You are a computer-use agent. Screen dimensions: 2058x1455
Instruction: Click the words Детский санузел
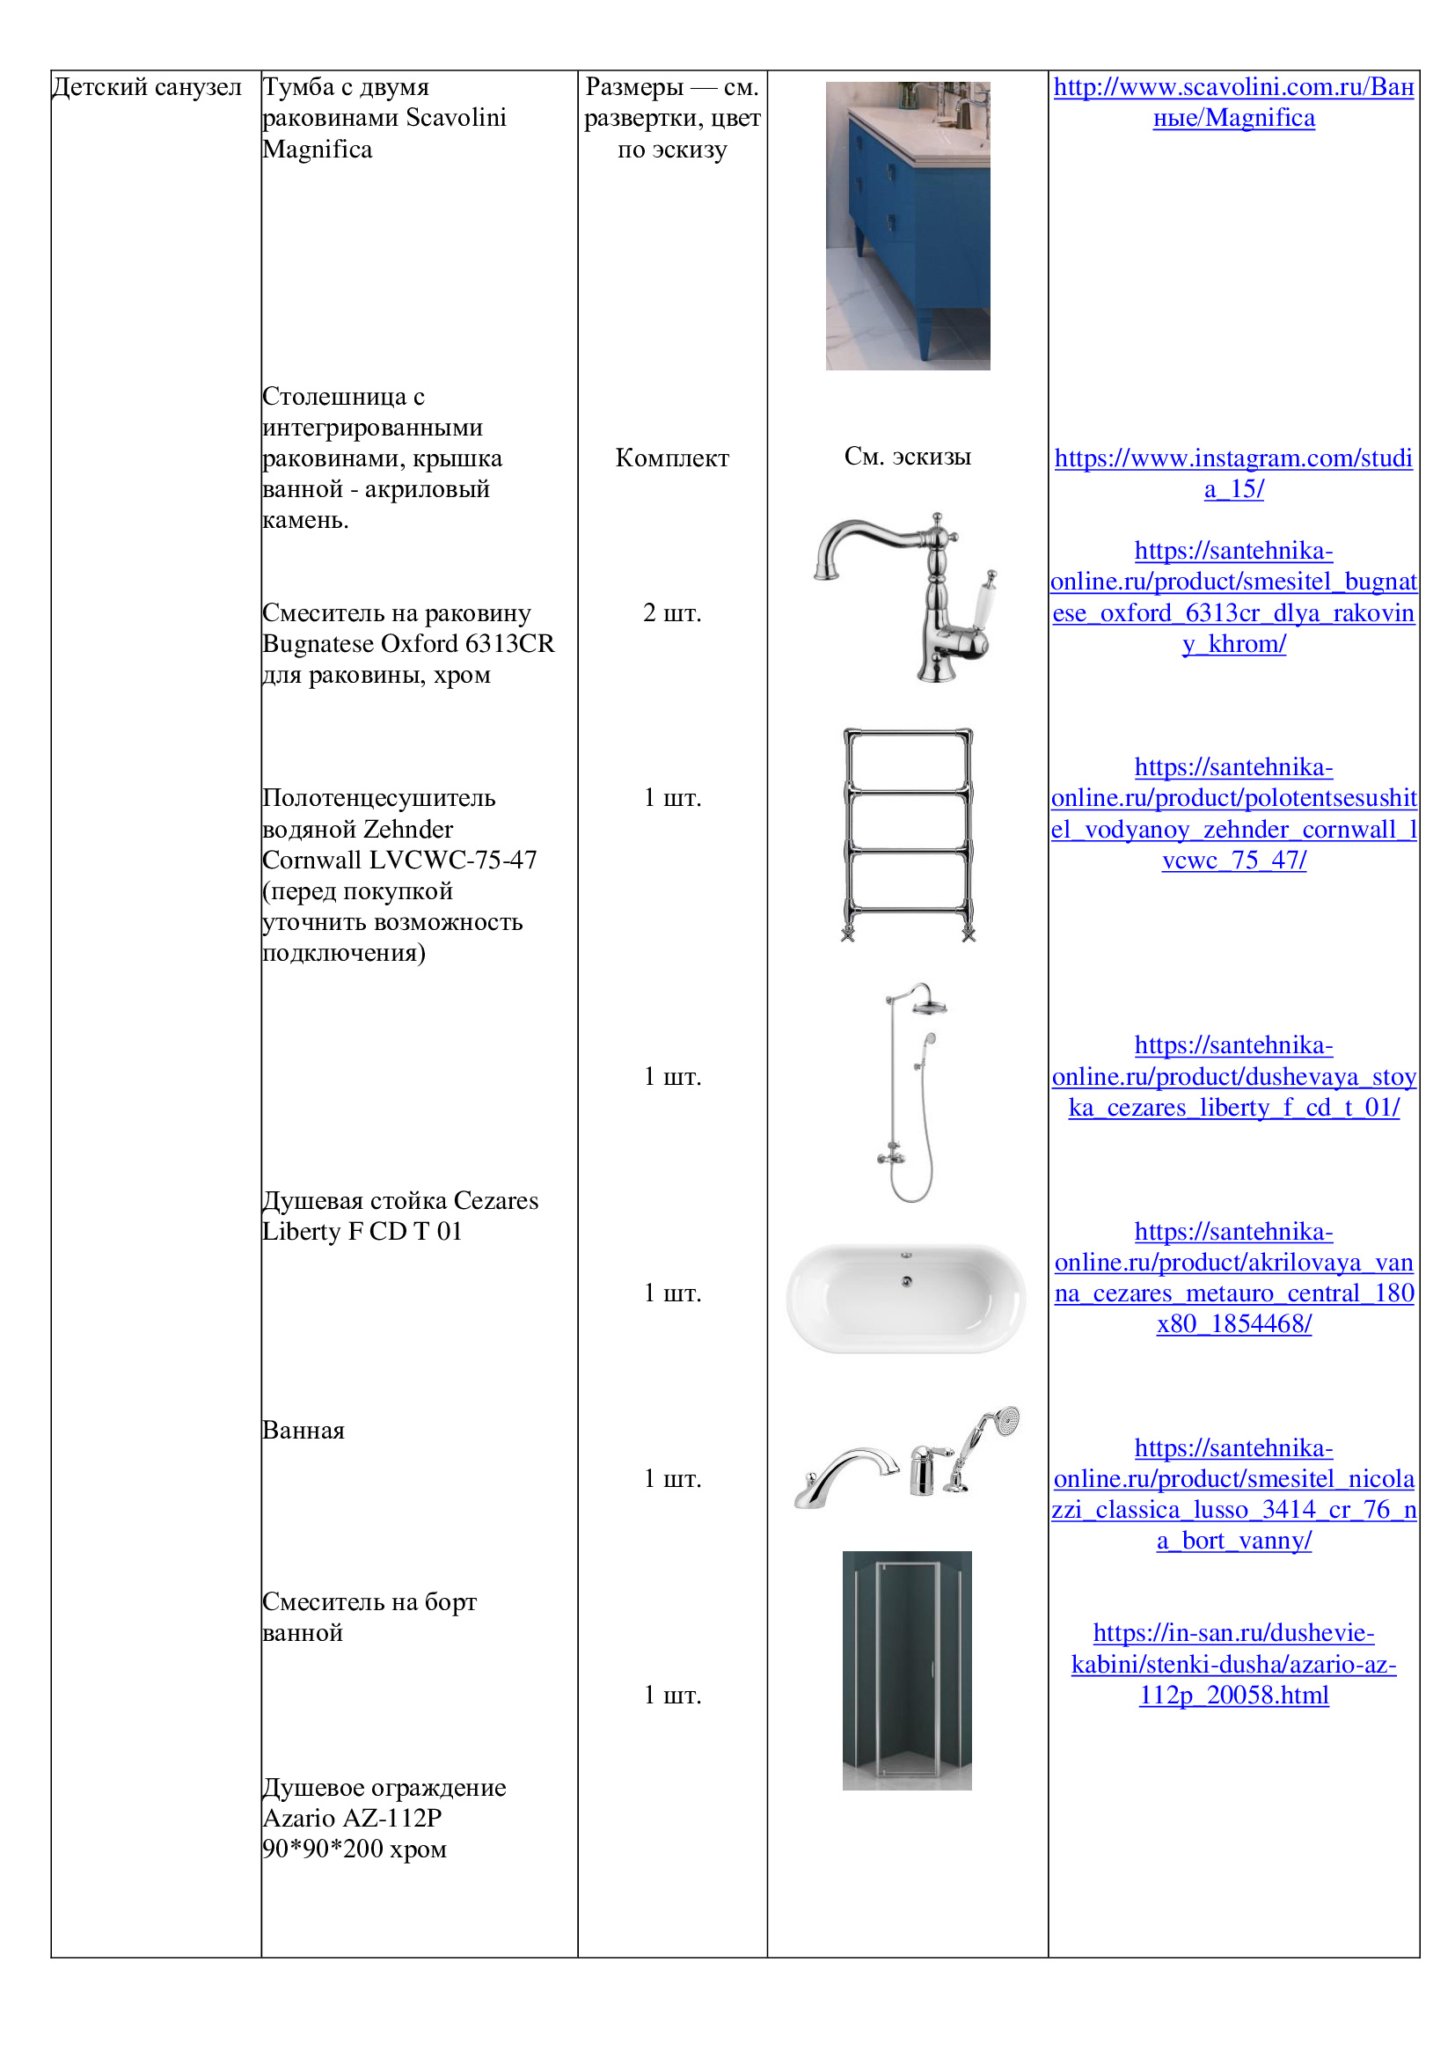tap(147, 87)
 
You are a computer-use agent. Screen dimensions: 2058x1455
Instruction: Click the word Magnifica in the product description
tap(318, 150)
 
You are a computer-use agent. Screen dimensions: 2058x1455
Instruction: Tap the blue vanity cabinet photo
tap(907, 226)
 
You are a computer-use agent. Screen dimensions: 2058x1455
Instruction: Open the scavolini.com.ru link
tap(1232, 102)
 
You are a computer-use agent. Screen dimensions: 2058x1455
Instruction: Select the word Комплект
tap(672, 458)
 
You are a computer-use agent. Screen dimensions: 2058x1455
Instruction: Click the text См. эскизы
tap(907, 457)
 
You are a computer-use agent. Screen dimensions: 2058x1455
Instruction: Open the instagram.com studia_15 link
tap(1232, 473)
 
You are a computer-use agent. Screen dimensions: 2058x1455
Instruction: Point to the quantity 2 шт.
tap(672, 613)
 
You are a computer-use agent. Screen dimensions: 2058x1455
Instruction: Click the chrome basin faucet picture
tap(905, 597)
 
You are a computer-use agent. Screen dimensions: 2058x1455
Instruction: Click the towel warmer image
tap(908, 834)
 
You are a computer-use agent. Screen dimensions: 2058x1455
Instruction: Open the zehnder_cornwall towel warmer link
tap(1232, 814)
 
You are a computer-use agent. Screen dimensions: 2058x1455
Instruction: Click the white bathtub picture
tap(906, 1297)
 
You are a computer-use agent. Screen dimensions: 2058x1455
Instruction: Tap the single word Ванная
tap(303, 1431)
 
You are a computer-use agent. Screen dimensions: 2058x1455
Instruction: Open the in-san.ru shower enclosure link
tap(1232, 1665)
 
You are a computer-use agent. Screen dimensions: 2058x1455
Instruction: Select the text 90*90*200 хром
tap(354, 1849)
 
